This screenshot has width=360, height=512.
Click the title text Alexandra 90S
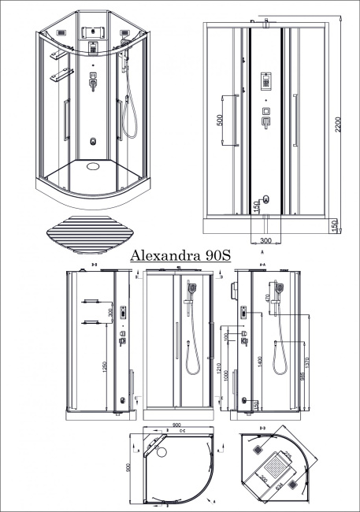pos(180,256)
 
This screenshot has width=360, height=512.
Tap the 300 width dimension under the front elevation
pos(265,241)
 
